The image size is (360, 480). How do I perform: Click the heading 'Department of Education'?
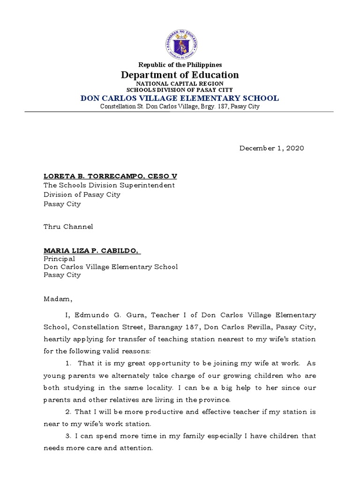180,75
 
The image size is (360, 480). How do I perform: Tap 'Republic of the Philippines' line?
180,65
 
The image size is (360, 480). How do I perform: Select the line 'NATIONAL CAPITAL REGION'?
180,83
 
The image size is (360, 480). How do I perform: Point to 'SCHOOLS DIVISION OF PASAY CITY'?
180,90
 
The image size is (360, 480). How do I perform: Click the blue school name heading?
180,98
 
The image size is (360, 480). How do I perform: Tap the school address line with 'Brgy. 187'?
180,107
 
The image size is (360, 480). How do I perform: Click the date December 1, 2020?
272,148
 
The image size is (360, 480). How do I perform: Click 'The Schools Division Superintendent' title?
109,185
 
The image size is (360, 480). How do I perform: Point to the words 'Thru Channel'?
68,227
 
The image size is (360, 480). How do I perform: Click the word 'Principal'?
59,259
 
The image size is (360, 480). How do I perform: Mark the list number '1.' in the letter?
68,364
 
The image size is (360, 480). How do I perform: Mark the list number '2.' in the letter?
68,412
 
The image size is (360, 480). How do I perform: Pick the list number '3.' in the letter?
68,436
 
